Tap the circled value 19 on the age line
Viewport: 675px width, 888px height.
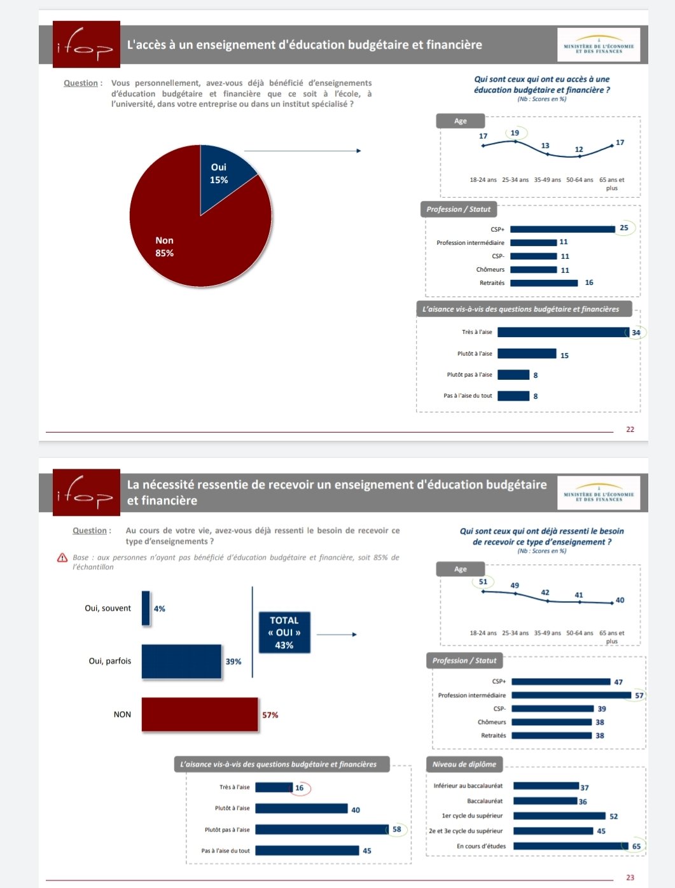(515, 133)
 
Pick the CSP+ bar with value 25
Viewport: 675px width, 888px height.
(562, 229)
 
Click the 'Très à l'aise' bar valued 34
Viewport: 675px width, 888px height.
(563, 332)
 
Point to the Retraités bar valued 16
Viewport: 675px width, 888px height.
(544, 283)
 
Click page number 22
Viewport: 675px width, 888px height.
(630, 429)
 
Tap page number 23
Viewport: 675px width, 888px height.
(630, 878)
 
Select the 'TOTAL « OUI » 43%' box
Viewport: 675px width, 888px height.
(284, 632)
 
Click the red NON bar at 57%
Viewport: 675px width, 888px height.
(200, 714)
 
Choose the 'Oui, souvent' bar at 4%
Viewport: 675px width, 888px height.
(146, 608)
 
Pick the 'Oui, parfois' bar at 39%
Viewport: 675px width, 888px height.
(181, 662)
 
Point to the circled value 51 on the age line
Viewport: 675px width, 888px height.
(483, 581)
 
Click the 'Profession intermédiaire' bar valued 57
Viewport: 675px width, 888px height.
(571, 695)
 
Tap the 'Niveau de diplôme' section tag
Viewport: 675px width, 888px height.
(464, 764)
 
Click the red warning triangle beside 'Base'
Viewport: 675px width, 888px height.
(62, 558)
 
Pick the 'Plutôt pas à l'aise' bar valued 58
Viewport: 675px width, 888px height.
(321, 829)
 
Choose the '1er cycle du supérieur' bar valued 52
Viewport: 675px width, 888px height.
(559, 815)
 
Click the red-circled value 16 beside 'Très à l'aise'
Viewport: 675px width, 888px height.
(300, 788)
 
